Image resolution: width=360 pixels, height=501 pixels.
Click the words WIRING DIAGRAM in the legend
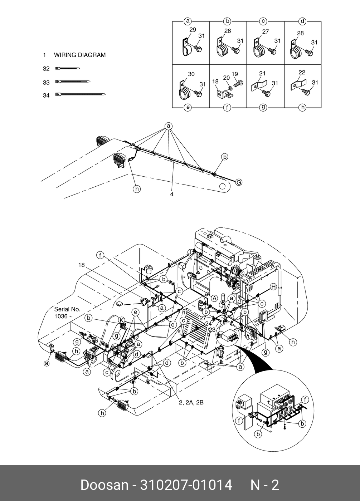79,55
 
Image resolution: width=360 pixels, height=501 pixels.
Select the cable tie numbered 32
68,68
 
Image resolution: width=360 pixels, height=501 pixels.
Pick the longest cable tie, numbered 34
81,95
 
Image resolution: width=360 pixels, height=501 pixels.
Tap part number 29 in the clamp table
193,30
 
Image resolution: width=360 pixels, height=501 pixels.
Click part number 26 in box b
228,31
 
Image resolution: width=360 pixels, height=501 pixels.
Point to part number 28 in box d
300,33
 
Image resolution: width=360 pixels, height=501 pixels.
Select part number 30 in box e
191,74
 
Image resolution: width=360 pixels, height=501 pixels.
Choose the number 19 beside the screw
235,74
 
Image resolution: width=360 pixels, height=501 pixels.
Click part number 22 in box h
302,73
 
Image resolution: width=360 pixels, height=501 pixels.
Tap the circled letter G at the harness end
239,183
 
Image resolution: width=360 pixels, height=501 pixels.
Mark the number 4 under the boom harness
172,194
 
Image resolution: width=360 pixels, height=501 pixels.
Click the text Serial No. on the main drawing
67,309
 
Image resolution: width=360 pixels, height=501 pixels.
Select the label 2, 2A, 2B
191,402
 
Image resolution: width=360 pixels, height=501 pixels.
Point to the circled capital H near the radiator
273,286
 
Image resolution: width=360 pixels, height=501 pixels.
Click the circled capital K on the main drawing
121,320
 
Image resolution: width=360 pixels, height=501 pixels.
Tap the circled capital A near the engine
214,298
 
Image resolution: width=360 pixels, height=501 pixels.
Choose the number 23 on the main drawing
212,330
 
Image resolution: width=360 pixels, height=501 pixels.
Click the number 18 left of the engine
82,265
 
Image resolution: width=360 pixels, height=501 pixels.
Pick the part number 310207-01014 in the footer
186,485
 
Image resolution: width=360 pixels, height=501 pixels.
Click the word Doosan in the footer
104,485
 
